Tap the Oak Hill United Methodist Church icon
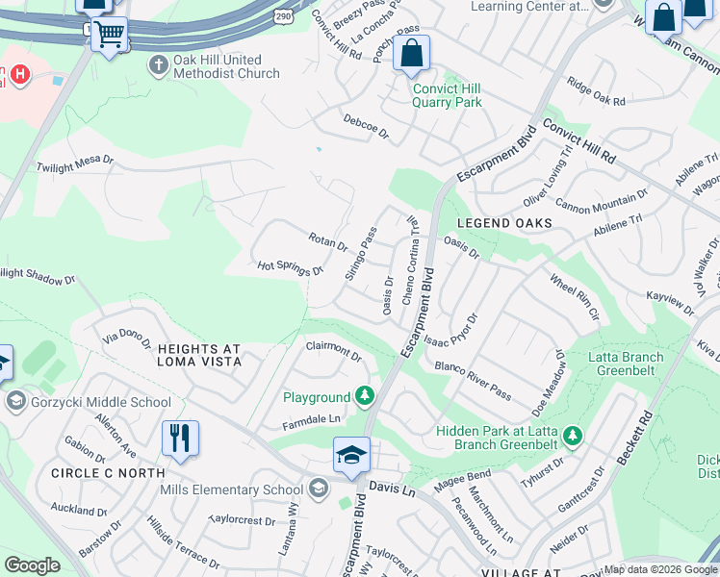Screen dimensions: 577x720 (157, 64)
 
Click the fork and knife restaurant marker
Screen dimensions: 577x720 (180, 439)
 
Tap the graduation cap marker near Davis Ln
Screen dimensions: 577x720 (351, 454)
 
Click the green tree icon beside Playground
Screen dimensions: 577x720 (365, 395)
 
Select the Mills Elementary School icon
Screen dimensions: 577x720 (318, 489)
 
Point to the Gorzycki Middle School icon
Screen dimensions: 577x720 (14, 400)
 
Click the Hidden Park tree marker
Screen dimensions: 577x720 (573, 437)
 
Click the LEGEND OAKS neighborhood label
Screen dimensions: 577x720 (504, 223)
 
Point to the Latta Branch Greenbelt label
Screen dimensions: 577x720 (626, 364)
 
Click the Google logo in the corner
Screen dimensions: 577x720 (32, 565)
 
